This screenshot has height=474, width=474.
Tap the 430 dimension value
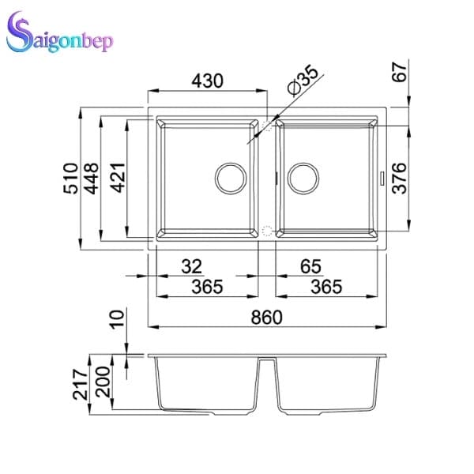(x=207, y=81)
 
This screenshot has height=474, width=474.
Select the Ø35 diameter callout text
(x=303, y=83)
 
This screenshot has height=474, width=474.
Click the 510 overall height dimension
(x=70, y=179)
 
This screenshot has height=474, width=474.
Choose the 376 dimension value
(x=400, y=179)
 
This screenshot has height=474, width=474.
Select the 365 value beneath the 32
(x=207, y=287)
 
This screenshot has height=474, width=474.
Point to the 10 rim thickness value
(x=117, y=320)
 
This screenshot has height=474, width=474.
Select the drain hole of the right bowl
(x=303, y=178)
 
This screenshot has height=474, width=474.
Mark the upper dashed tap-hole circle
(x=267, y=125)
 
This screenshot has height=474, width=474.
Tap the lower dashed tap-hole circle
(x=267, y=231)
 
